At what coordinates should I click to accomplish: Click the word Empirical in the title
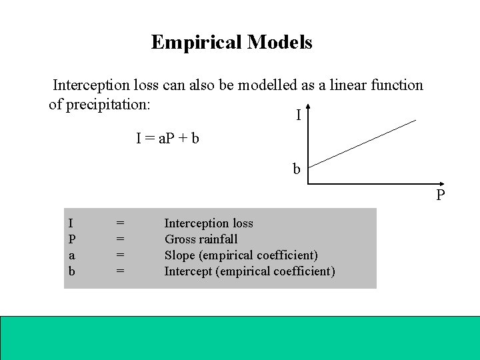click(197, 43)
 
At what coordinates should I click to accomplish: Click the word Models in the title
click(279, 43)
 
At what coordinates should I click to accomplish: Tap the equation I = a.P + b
click(168, 139)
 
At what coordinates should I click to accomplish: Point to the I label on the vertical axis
click(298, 116)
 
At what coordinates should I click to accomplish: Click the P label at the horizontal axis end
click(441, 196)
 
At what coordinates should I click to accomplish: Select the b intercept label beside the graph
click(297, 169)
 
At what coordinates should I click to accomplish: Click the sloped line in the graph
click(363, 141)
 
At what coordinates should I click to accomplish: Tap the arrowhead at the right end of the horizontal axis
click(436, 185)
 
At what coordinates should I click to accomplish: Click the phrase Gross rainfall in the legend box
click(201, 239)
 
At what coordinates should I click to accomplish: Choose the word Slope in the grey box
click(181, 255)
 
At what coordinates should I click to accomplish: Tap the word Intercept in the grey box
click(190, 271)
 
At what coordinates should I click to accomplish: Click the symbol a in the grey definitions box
click(71, 255)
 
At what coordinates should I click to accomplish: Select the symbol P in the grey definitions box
click(71, 239)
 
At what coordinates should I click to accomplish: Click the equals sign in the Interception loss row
click(121, 223)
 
